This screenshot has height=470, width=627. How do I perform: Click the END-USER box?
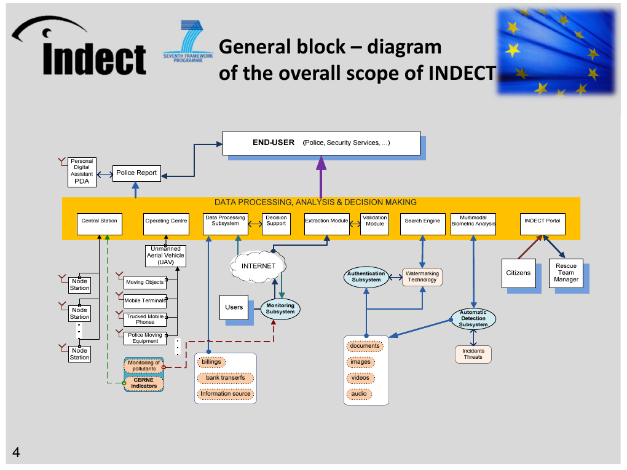coord(321,143)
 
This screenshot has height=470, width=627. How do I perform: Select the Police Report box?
coord(136,173)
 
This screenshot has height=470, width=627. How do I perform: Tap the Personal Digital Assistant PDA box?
coord(82,171)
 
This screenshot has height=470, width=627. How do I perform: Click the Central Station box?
coord(99,221)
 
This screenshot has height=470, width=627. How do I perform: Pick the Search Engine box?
coord(422,221)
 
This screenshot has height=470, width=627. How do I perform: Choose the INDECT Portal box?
coord(542,221)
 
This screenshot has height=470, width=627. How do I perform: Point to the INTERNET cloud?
coord(259,266)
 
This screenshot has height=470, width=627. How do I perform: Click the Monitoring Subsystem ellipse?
coord(280,308)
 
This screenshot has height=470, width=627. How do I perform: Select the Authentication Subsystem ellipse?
coord(366,276)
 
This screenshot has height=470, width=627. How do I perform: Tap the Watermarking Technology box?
coord(422,276)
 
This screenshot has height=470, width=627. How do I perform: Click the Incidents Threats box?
coord(473,354)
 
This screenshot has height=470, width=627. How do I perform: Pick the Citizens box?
coord(518,273)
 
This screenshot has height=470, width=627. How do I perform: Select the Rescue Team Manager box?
coord(566,273)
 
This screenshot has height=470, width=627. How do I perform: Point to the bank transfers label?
coord(226,378)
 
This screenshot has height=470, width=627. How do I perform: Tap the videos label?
coord(360,378)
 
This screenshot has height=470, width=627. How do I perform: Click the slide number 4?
coord(16,453)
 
